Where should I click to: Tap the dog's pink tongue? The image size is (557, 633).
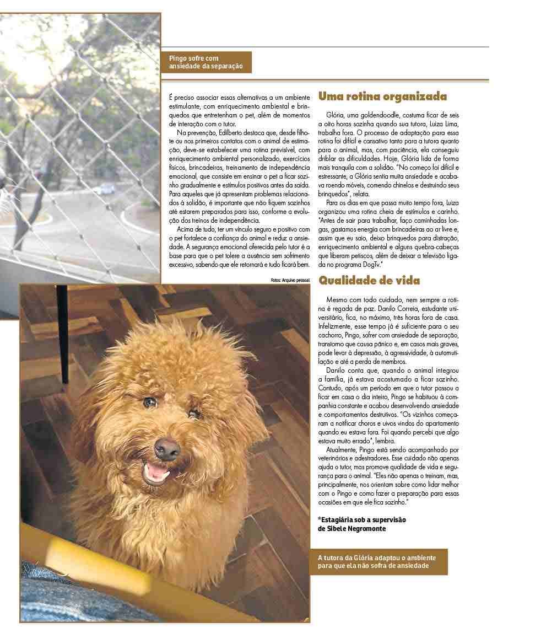[158, 470]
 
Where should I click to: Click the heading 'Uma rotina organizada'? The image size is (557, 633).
[382, 97]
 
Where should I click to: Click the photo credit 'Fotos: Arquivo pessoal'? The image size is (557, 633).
[291, 280]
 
